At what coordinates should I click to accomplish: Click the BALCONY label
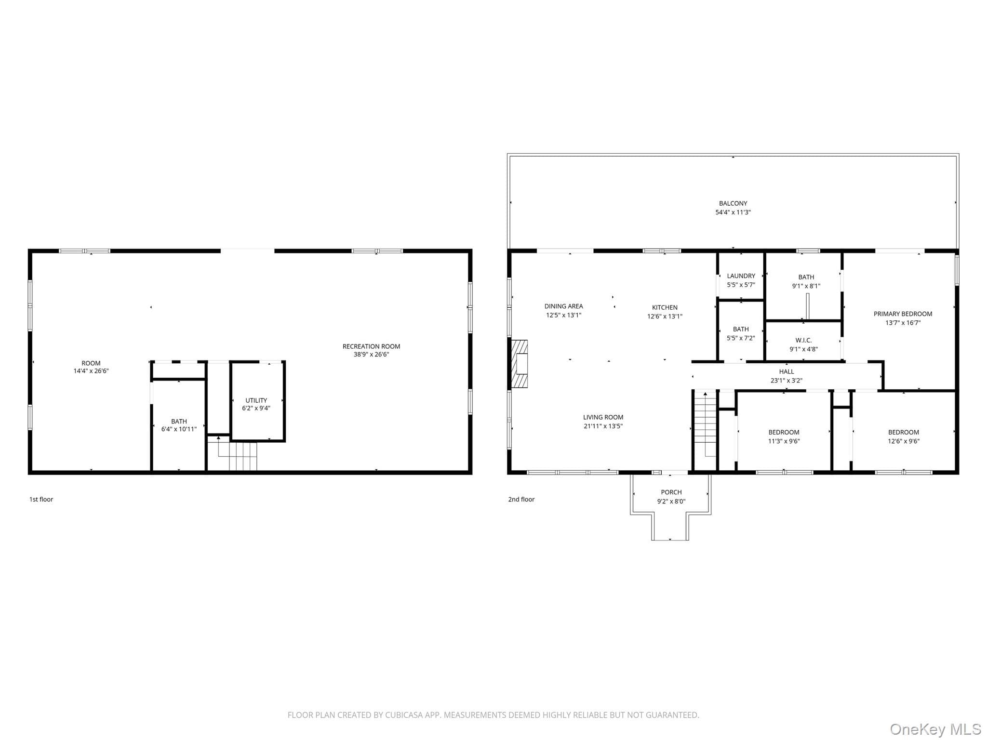pyautogui.click(x=733, y=203)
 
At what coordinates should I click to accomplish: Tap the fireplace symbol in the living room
pyautogui.click(x=520, y=364)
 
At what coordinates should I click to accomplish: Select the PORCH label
pyautogui.click(x=671, y=492)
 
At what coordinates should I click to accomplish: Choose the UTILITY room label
pyautogui.click(x=256, y=400)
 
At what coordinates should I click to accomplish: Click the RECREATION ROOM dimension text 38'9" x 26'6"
pyautogui.click(x=371, y=355)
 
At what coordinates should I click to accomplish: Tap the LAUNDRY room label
pyautogui.click(x=741, y=276)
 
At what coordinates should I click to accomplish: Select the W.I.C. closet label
pyautogui.click(x=803, y=340)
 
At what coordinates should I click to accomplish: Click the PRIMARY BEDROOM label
pyautogui.click(x=903, y=314)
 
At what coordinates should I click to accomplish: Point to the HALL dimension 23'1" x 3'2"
pyautogui.click(x=787, y=380)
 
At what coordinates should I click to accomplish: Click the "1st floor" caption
pyautogui.click(x=41, y=499)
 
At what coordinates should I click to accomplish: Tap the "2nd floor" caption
pyautogui.click(x=521, y=499)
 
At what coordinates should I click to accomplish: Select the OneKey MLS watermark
pyautogui.click(x=935, y=729)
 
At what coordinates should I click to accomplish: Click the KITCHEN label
pyautogui.click(x=665, y=307)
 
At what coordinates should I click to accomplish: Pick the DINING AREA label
pyautogui.click(x=563, y=306)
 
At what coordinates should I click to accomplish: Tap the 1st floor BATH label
pyautogui.click(x=179, y=421)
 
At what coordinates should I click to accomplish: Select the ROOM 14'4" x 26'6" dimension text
pyautogui.click(x=91, y=371)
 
